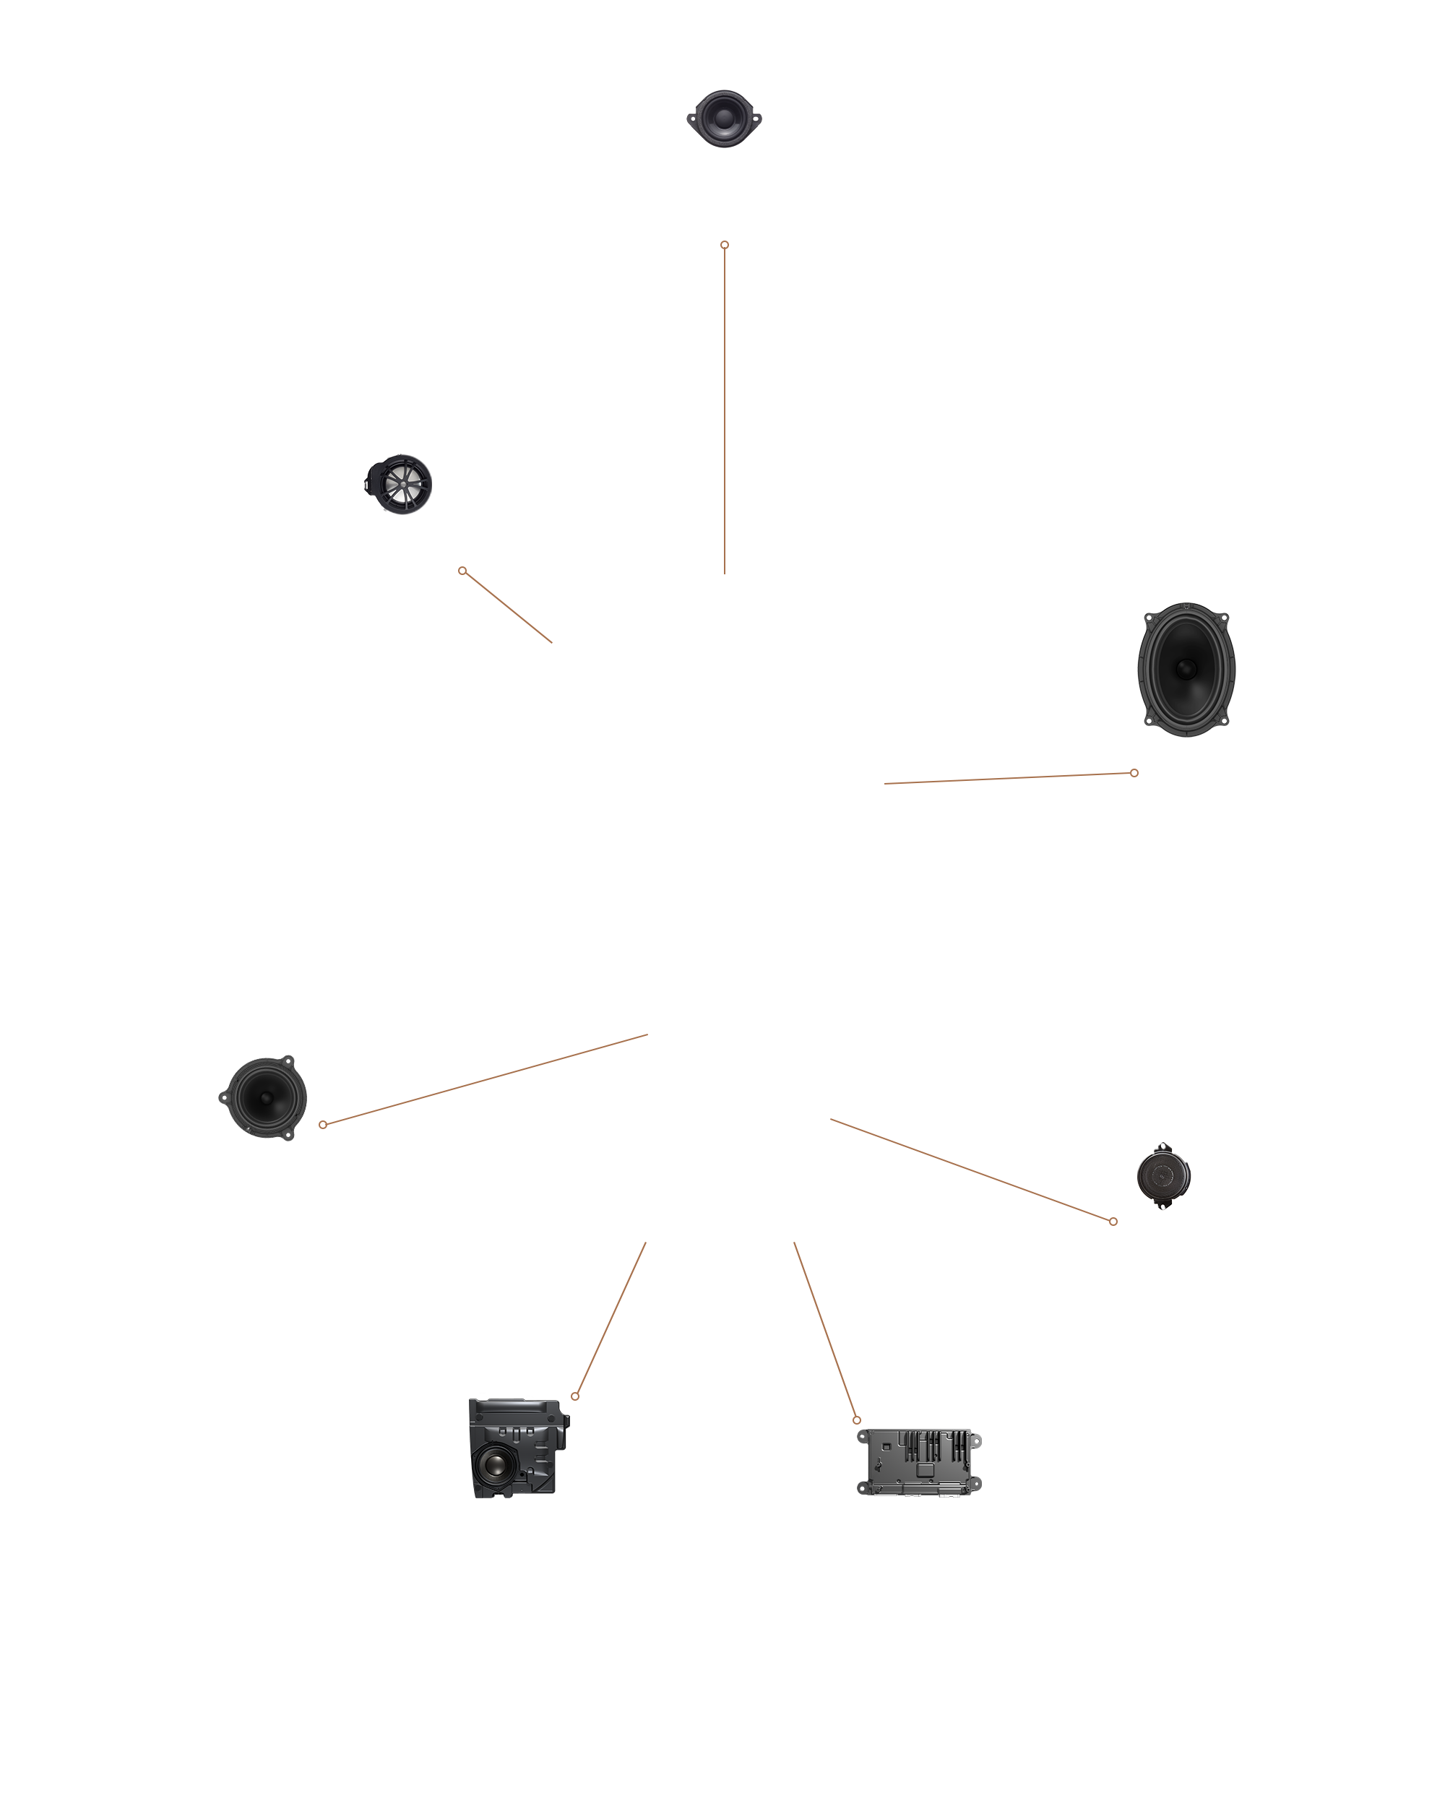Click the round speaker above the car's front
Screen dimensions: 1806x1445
point(724,118)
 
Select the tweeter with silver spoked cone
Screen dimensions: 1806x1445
point(400,484)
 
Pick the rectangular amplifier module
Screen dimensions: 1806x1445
point(919,1461)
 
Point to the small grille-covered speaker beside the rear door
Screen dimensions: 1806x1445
point(1163,1175)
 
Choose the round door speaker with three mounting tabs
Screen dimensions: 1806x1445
point(263,1097)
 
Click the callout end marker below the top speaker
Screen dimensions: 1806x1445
point(725,245)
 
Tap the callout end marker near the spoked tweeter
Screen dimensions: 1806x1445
point(462,571)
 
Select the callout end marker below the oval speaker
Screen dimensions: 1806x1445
point(1134,772)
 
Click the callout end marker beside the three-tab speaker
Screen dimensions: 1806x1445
point(322,1124)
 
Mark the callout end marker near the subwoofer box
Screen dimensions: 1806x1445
point(574,1396)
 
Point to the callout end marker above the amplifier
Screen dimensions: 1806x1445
point(856,1420)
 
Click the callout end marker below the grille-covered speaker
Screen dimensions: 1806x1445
point(1113,1222)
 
